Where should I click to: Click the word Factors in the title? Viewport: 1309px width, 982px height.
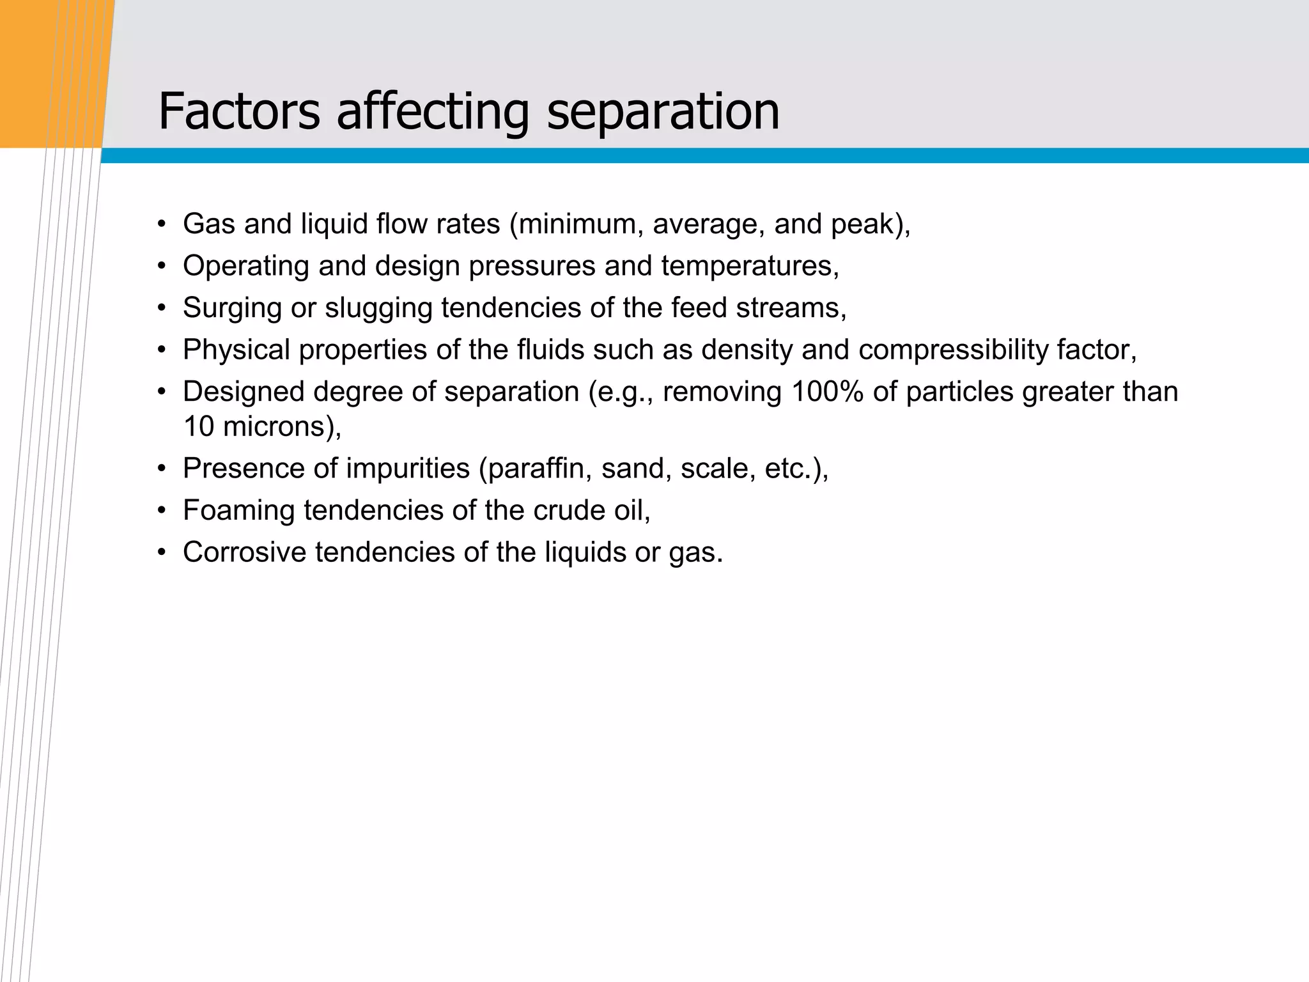click(x=238, y=111)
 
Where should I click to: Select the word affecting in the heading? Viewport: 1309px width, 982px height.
click(x=433, y=113)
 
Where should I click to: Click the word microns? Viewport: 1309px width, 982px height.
click(x=274, y=427)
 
